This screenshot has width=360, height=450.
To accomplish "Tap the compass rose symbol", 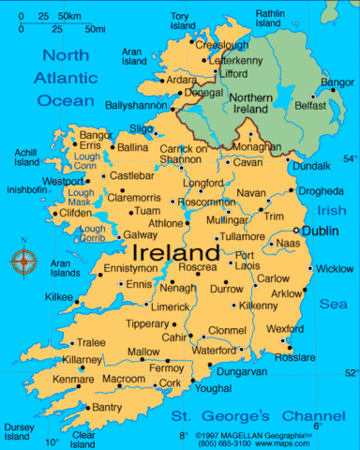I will click(23, 261).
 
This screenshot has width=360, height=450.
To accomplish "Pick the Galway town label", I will click(139, 234).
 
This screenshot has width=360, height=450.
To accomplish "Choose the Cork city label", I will click(170, 382).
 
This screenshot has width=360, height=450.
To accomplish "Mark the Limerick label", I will click(172, 307).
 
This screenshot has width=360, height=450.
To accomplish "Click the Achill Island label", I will click(25, 157).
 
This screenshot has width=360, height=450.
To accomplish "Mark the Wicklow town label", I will click(335, 269).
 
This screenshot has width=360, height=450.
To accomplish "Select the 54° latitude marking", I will click(349, 158).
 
